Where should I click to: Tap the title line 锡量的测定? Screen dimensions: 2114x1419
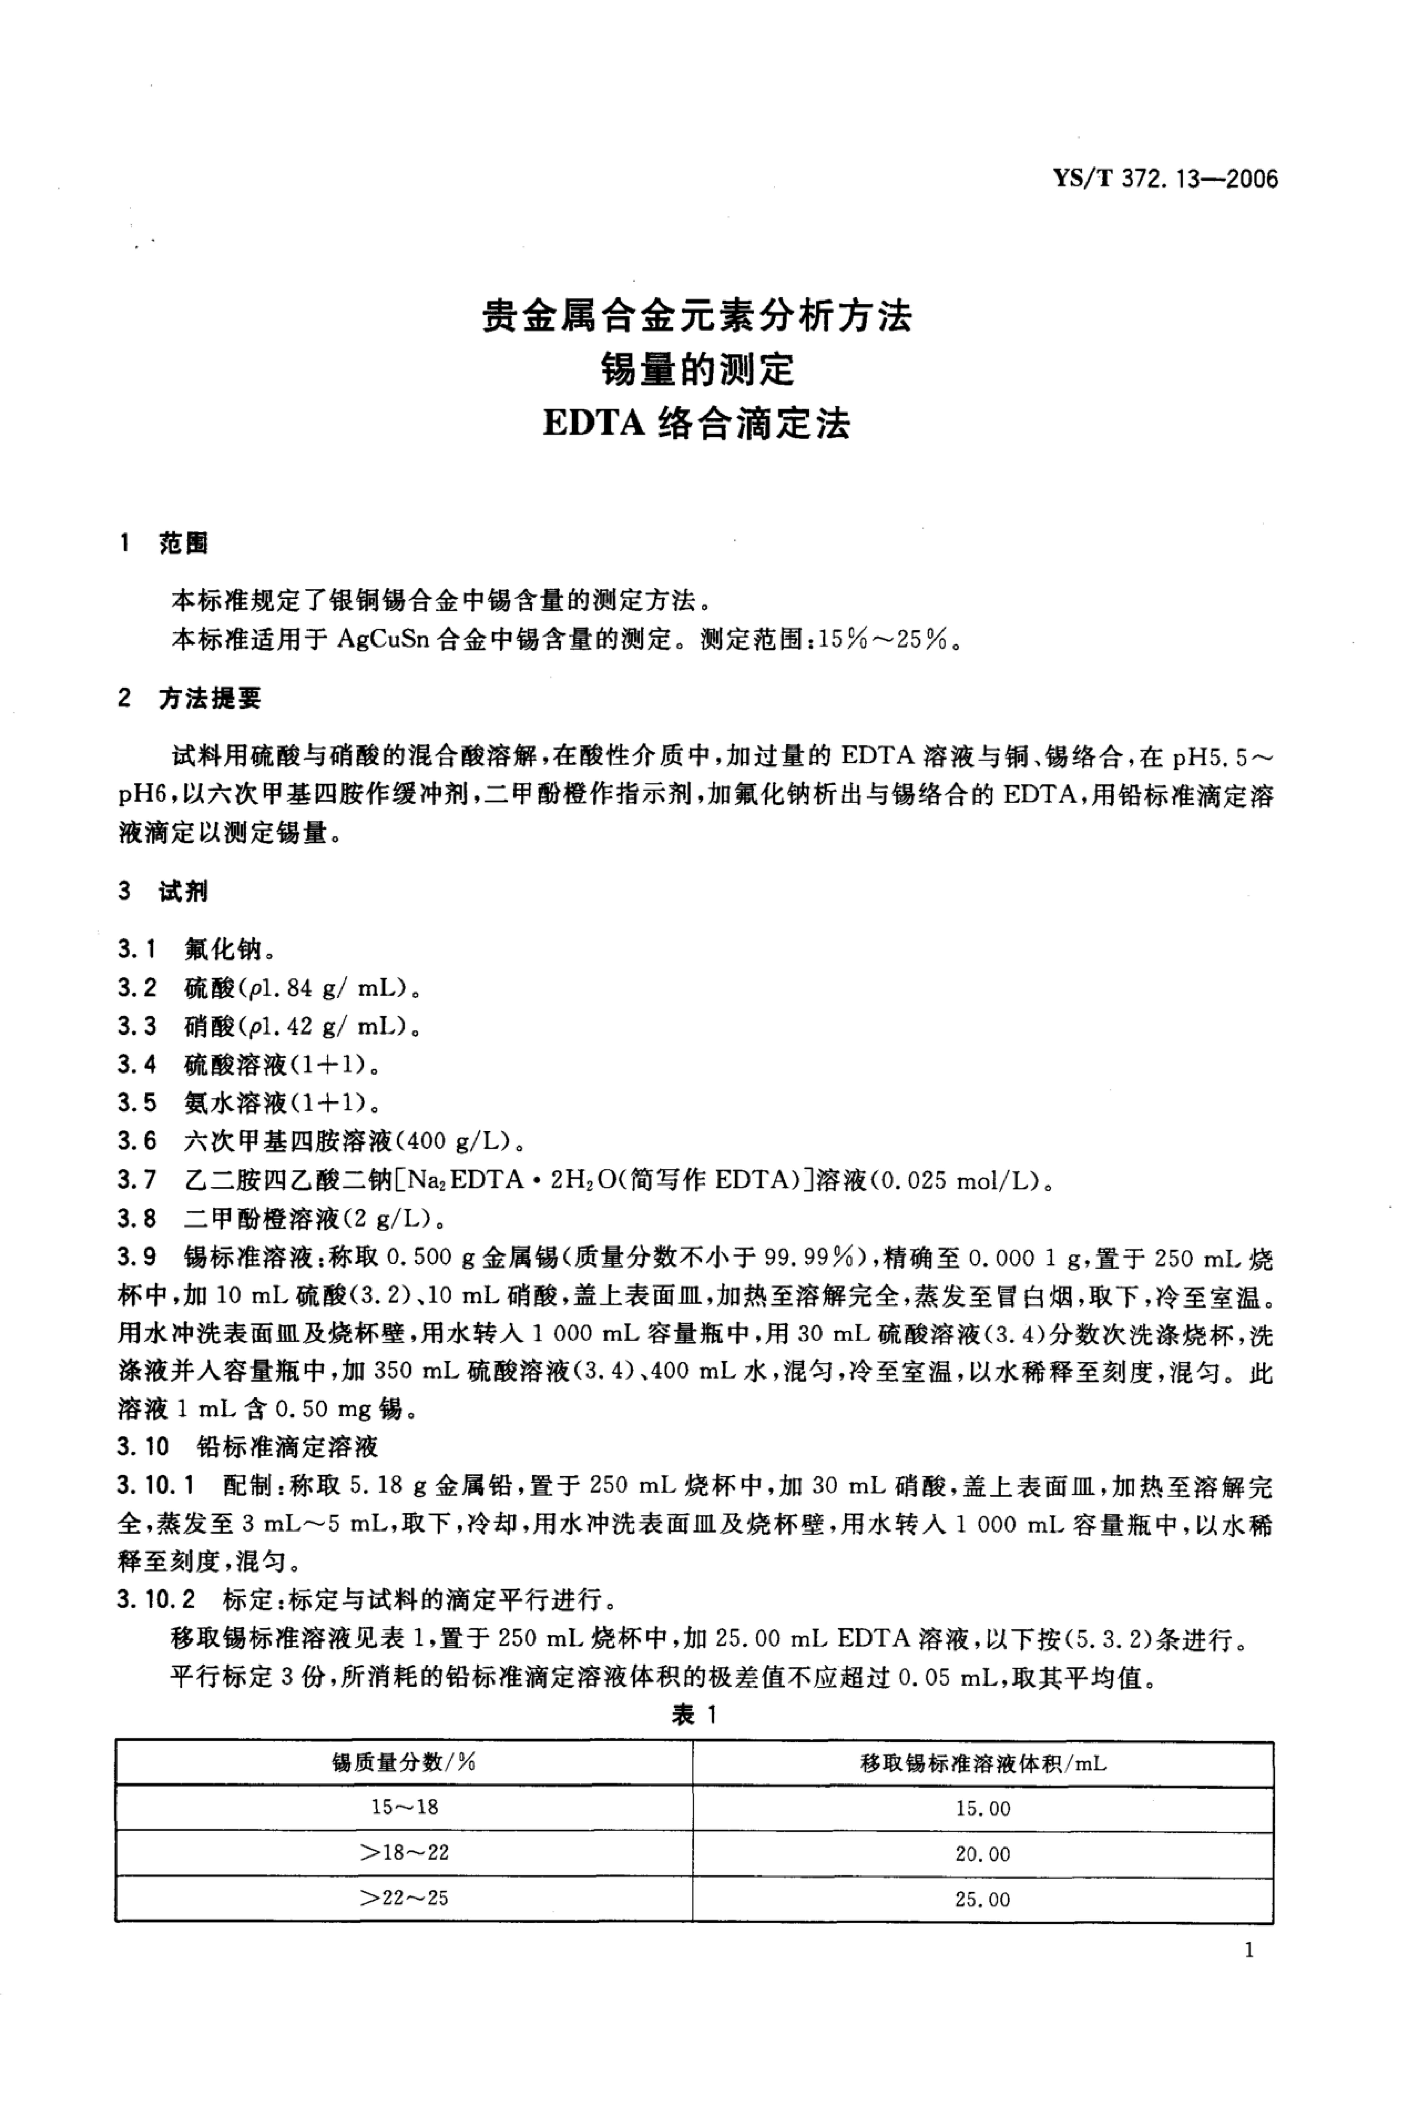697,369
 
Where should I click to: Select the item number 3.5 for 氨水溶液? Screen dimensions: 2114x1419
137,1103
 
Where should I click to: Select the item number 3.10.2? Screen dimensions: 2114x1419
156,1601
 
